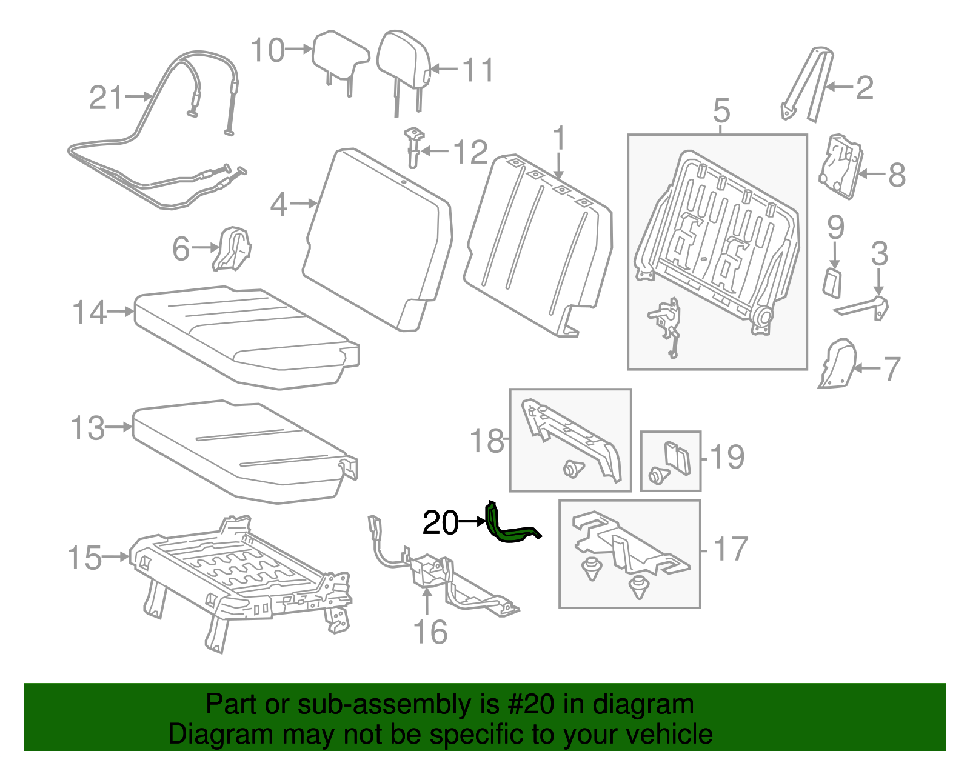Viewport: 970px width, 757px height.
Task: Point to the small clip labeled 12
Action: pyautogui.click(x=413, y=145)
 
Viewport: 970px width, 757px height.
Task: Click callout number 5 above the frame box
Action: pyautogui.click(x=721, y=111)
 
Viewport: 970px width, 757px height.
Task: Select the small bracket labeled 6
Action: pyautogui.click(x=232, y=248)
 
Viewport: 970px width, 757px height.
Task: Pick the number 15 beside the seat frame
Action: pyautogui.click(x=85, y=558)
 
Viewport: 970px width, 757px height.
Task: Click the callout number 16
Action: pyautogui.click(x=430, y=632)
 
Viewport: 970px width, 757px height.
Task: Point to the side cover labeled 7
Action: pyautogui.click(x=838, y=364)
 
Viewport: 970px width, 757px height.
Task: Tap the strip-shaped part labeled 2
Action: pyautogui.click(x=806, y=85)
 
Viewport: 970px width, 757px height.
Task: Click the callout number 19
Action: pyautogui.click(x=727, y=457)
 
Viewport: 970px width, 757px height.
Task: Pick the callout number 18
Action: pyautogui.click(x=487, y=440)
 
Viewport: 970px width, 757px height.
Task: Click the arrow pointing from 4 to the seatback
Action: pyautogui.click(x=304, y=204)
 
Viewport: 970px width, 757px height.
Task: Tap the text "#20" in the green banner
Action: pyautogui.click(x=527, y=704)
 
